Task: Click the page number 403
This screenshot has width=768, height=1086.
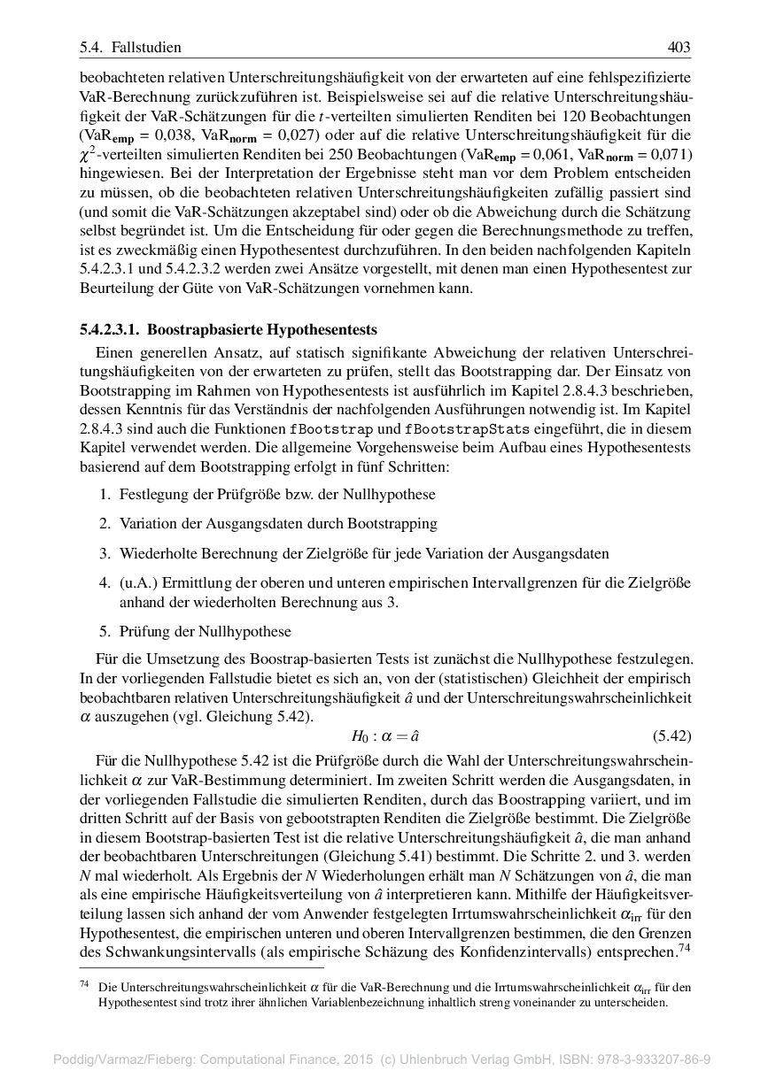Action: [679, 47]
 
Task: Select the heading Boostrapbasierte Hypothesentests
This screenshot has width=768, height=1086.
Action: [261, 331]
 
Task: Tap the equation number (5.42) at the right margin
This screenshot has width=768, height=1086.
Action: [671, 736]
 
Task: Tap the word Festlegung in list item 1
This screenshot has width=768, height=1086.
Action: [151, 494]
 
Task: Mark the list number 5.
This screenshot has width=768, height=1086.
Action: [104, 632]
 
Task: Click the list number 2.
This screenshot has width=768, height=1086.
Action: [104, 523]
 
